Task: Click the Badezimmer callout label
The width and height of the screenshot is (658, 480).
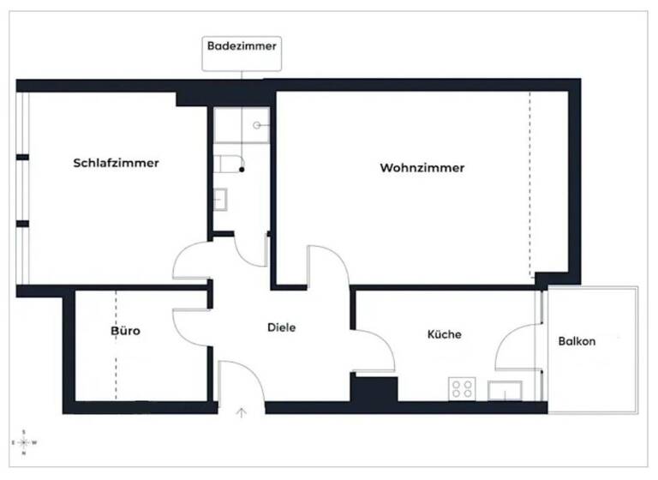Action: point(242,46)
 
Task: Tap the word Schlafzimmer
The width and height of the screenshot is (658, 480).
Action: point(117,163)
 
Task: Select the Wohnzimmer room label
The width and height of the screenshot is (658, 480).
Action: point(422,168)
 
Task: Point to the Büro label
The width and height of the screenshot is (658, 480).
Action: point(125,330)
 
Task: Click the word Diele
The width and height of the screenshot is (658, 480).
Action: point(281,327)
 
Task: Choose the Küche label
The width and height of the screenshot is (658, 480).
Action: point(445,334)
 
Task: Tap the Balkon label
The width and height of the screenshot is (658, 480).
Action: point(577,340)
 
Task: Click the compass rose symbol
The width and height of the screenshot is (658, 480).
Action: point(25,441)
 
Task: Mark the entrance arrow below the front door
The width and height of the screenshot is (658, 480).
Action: point(242,413)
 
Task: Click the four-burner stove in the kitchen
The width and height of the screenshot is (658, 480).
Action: point(462,389)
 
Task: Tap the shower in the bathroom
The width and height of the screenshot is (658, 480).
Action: point(242,125)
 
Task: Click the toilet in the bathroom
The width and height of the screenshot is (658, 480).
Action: point(229,164)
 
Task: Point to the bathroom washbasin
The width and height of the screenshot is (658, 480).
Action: point(219,199)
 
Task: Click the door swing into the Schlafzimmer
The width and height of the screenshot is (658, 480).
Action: point(190,259)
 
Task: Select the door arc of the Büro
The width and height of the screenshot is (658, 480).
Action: point(190,320)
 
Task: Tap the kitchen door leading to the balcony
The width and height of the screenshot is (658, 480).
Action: point(516,347)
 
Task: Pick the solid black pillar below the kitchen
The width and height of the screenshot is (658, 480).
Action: point(374,388)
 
